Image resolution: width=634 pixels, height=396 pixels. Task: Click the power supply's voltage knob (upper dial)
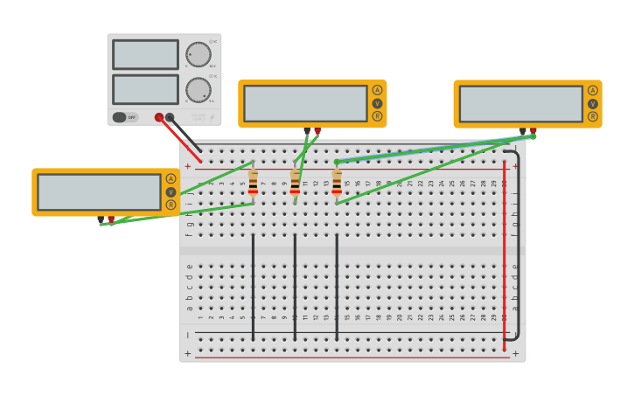(x=199, y=54)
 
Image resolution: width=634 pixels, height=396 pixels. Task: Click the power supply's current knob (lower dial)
(x=199, y=90)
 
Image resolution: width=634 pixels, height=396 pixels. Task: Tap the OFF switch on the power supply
(x=126, y=117)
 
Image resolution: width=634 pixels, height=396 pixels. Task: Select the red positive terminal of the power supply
(x=159, y=117)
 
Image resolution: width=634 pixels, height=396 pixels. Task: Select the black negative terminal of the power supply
(x=170, y=117)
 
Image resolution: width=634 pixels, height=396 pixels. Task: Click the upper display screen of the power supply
(x=145, y=54)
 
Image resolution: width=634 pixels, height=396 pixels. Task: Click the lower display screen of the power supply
(x=145, y=89)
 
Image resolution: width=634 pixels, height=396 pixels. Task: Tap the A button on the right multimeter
(x=592, y=91)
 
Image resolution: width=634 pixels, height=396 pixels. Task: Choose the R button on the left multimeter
(x=171, y=205)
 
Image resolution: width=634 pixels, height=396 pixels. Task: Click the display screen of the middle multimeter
(x=305, y=103)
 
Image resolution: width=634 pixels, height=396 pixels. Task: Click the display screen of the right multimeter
(x=520, y=104)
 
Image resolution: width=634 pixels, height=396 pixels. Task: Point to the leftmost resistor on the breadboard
(x=253, y=184)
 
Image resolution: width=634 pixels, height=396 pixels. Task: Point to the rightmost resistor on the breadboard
(x=337, y=184)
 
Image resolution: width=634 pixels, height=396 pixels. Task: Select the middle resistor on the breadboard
(x=295, y=184)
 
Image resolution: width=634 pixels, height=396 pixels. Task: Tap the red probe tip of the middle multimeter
(x=317, y=132)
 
